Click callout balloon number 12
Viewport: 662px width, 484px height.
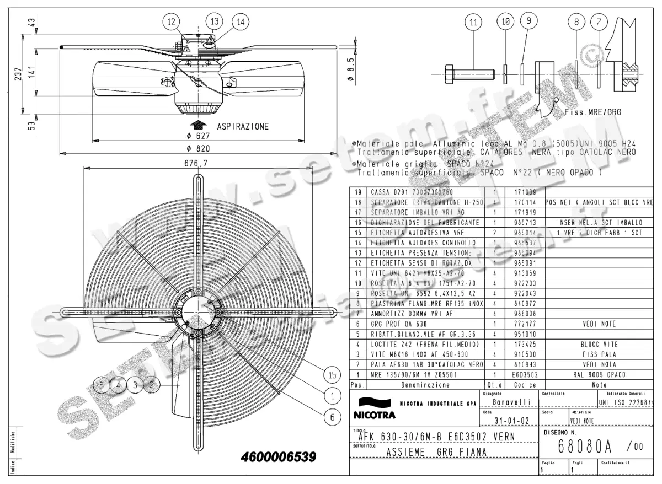(x=172, y=22)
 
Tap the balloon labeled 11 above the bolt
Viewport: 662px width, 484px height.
(x=472, y=23)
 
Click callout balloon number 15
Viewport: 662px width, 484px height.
(x=332, y=375)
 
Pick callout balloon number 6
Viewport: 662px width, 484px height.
(x=332, y=417)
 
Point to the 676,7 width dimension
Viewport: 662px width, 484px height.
(x=196, y=163)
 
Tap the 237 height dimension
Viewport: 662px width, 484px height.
(x=18, y=73)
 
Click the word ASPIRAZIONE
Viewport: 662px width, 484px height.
(x=243, y=126)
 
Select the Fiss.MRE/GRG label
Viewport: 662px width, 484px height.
(x=593, y=112)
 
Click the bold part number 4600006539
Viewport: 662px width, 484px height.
(x=279, y=457)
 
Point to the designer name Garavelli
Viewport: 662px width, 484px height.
(x=511, y=402)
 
